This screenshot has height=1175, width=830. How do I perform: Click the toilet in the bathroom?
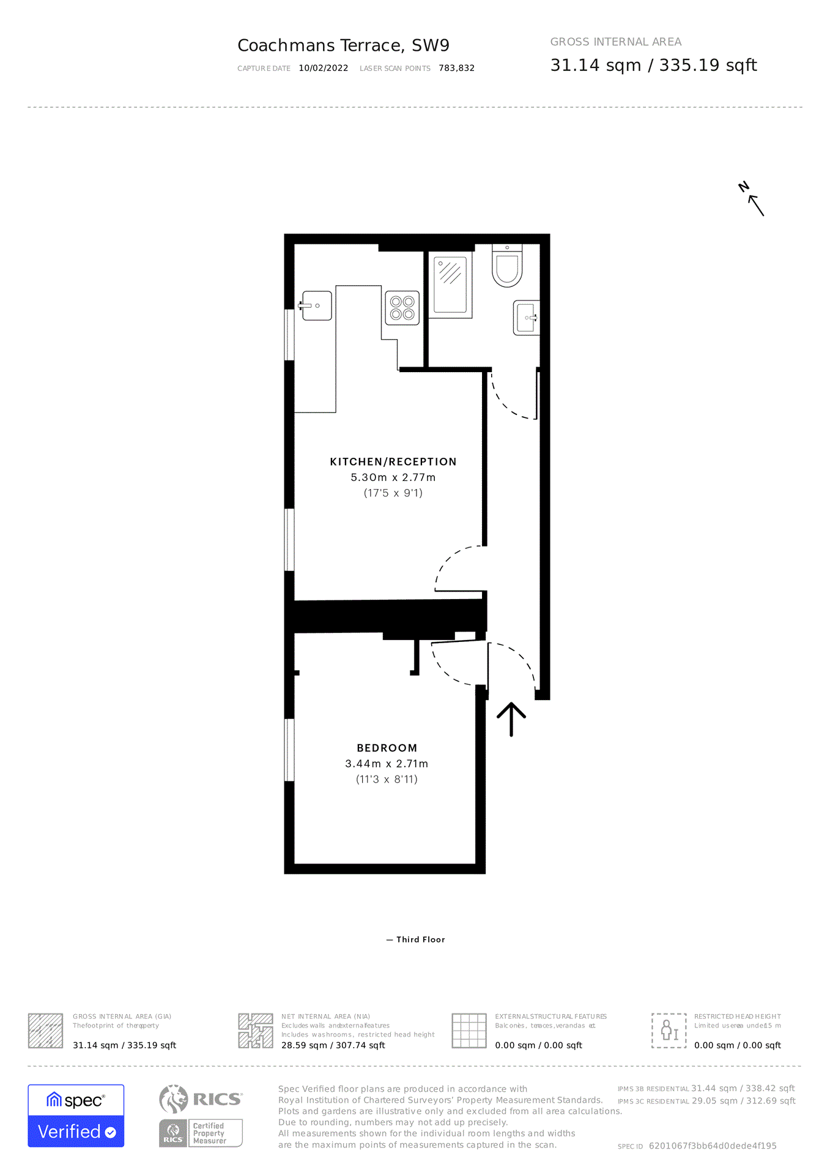pyautogui.click(x=507, y=267)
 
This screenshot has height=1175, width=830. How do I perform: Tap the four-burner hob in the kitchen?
pyautogui.click(x=402, y=308)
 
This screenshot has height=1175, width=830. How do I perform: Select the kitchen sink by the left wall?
pyautogui.click(x=316, y=305)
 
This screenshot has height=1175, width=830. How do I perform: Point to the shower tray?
pyautogui.click(x=450, y=285)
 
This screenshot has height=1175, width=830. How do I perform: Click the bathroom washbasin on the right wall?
pyautogui.click(x=526, y=318)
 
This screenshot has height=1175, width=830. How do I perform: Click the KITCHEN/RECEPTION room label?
pyautogui.click(x=393, y=462)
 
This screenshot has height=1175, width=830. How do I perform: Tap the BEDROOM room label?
pyautogui.click(x=387, y=748)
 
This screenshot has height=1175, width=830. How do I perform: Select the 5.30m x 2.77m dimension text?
pyautogui.click(x=393, y=477)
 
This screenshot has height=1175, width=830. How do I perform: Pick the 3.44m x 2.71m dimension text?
pyautogui.click(x=387, y=764)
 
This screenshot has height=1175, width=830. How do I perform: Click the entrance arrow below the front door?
pyautogui.click(x=511, y=719)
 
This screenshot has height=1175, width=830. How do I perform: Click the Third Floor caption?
pyautogui.click(x=420, y=939)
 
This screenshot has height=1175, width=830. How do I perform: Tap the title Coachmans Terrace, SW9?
pyautogui.click(x=343, y=45)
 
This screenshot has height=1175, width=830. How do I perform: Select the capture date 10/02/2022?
pyautogui.click(x=324, y=69)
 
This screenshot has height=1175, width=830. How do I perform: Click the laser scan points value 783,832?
pyautogui.click(x=456, y=69)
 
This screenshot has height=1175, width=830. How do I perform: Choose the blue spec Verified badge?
pyautogui.click(x=76, y=1116)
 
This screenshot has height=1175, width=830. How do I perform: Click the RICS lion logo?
pyautogui.click(x=174, y=1099)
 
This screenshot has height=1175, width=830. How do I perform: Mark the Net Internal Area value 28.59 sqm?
pyautogui.click(x=333, y=1045)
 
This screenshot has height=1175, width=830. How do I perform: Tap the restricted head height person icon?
pyautogui.click(x=669, y=1031)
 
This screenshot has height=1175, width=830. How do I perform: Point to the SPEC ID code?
pyautogui.click(x=713, y=1146)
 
